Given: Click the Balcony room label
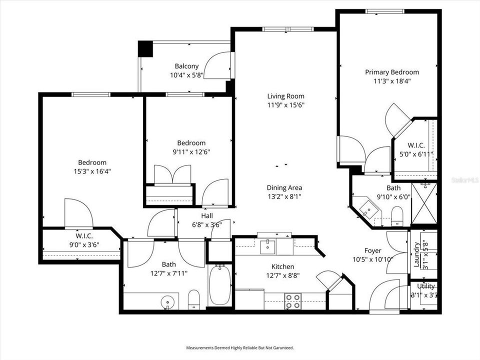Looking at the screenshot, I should point(186,66).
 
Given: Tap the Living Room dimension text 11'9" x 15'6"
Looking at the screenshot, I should point(285,105).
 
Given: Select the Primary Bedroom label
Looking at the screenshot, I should point(391,72).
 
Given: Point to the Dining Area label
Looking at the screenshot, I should point(284,187).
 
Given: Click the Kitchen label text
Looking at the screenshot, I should point(282,266).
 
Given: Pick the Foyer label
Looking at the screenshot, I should point(373,250).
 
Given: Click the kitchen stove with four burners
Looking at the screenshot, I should point(292,300).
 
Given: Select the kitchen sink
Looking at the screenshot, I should point(267,245).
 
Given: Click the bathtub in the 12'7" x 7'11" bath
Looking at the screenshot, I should point(219,285).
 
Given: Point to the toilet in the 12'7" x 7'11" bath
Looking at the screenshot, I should point(194,300).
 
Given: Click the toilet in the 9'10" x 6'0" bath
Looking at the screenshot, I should point(397,216).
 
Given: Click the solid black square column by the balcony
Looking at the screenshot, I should point(145,48).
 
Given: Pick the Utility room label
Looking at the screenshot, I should point(426,286).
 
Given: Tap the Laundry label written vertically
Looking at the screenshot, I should point(416,254).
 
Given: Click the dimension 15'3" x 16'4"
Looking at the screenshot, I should point(92,171).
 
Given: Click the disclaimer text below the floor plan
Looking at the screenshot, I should point(240,347).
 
